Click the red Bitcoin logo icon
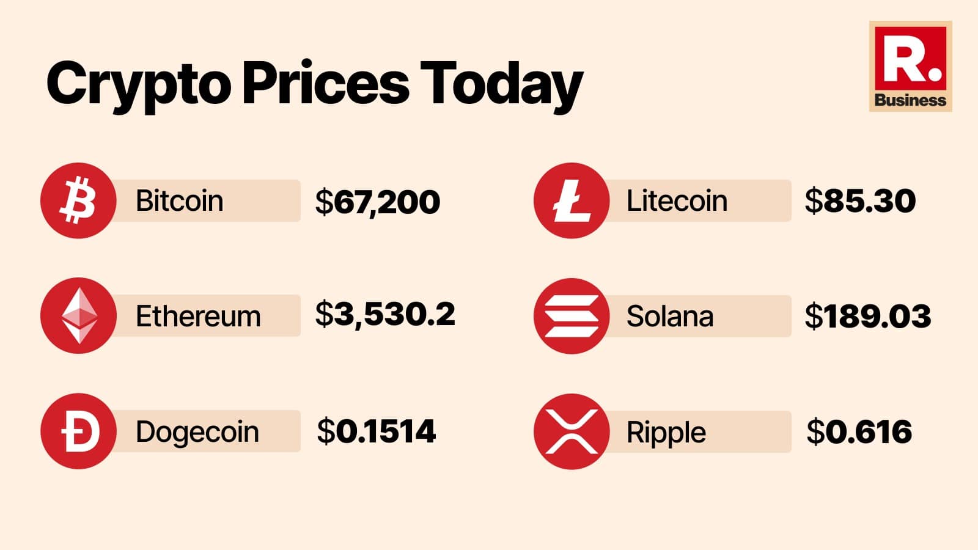click(x=78, y=200)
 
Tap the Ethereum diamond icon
click(x=78, y=316)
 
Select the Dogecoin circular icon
click(x=78, y=431)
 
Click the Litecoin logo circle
click(x=572, y=200)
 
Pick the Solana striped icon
click(x=572, y=316)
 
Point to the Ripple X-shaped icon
click(x=572, y=431)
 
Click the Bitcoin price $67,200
click(x=378, y=202)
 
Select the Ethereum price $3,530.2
click(x=385, y=315)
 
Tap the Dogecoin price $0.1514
click(x=376, y=431)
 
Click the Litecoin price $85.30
click(x=860, y=201)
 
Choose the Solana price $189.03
click(x=868, y=317)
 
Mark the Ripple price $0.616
click(x=859, y=432)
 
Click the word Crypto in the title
click(x=138, y=84)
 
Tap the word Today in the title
click(x=501, y=84)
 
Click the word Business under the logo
click(x=910, y=100)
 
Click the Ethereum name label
click(x=198, y=317)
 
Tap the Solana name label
click(x=670, y=317)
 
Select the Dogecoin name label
click(x=197, y=432)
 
